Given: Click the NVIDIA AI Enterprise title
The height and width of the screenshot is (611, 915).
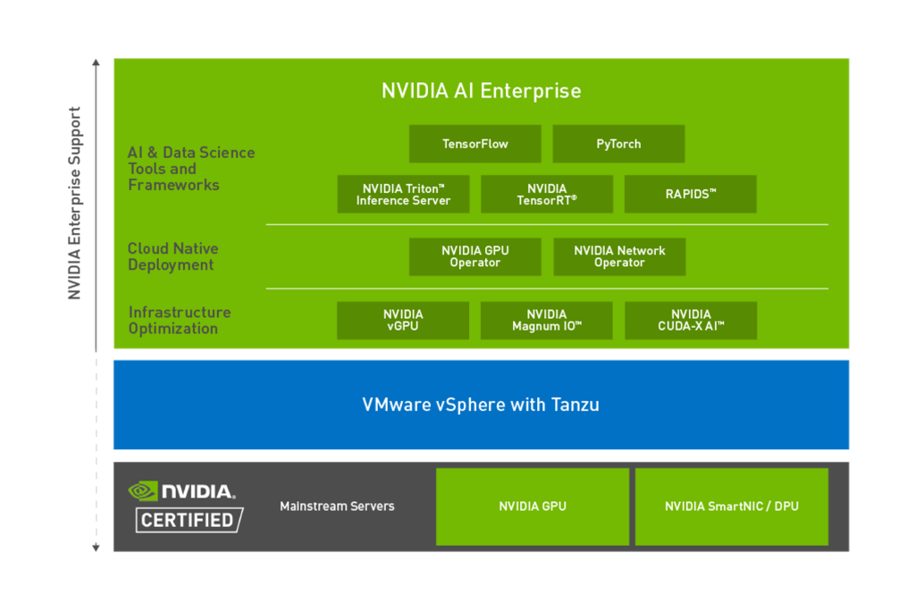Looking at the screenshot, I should point(481,91).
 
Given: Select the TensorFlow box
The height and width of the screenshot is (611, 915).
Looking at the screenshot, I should point(475,144).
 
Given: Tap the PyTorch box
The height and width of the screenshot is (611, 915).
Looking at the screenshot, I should point(618,144).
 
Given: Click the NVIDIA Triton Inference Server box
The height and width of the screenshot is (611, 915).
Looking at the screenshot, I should point(403,195).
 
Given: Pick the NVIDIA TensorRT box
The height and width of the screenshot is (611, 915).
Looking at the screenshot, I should point(547,195).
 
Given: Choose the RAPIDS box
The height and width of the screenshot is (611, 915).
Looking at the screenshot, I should point(690,194).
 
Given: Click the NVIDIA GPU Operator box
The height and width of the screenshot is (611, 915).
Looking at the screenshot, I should point(475,257).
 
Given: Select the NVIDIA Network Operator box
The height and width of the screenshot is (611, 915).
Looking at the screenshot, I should point(619,257).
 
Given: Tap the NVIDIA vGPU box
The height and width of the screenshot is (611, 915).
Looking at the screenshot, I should point(403,321).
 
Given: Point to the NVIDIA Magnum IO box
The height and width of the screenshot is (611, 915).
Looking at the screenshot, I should point(547,321).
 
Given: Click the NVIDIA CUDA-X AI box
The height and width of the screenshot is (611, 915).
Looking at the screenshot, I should point(691,321).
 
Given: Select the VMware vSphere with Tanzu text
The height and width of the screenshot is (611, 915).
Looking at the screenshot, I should point(481,405).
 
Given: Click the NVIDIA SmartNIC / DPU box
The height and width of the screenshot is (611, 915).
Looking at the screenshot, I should point(732,506).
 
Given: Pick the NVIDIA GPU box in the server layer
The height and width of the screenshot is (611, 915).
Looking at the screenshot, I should point(533,506).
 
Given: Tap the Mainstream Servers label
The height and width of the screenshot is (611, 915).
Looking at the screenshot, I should point(337,506).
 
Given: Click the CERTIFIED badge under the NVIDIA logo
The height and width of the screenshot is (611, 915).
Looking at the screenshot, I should point(189,520).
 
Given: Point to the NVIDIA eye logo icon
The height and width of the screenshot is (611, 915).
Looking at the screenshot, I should point(143,490).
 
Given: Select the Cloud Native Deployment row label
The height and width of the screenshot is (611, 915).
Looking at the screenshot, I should point(172,257).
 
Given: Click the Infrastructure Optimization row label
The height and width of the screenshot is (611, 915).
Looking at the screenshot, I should point(179,321).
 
